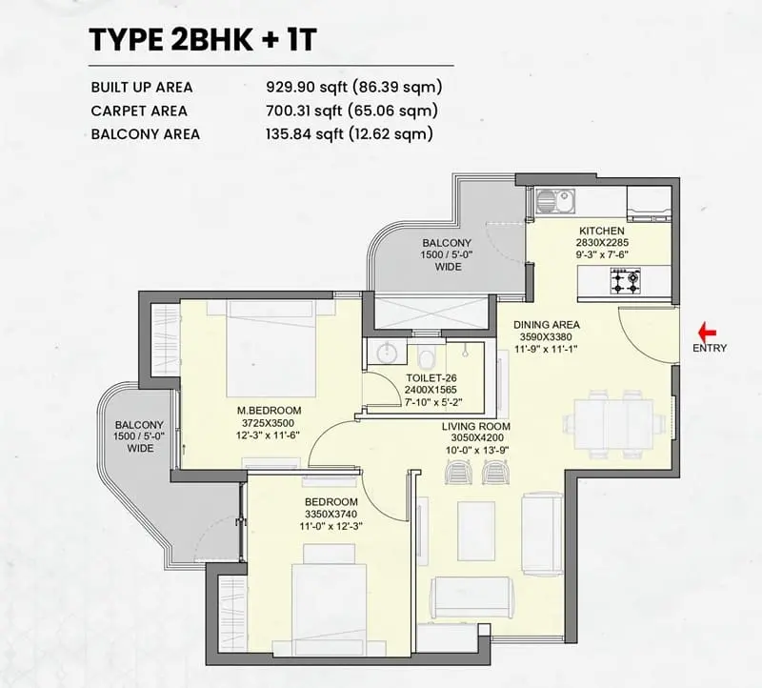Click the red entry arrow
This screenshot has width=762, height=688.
click(x=707, y=333)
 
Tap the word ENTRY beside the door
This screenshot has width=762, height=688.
click(x=710, y=348)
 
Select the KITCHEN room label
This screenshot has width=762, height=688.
click(x=602, y=231)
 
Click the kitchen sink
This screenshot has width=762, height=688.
click(x=555, y=201)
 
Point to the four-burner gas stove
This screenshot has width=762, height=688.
click(x=625, y=281)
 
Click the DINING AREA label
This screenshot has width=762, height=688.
click(x=546, y=325)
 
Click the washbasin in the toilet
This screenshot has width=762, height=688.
click(x=387, y=352)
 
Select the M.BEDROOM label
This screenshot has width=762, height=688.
click(x=269, y=411)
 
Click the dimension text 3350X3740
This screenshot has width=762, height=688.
click(x=331, y=514)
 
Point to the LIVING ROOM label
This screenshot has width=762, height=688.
click(x=475, y=426)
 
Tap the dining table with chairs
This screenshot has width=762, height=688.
click(x=613, y=423)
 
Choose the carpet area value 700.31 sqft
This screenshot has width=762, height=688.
click(x=306, y=111)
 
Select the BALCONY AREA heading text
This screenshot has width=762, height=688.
click(x=146, y=134)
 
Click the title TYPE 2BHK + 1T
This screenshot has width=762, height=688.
click(x=203, y=40)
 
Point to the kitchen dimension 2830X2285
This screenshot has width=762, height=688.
click(x=602, y=242)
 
